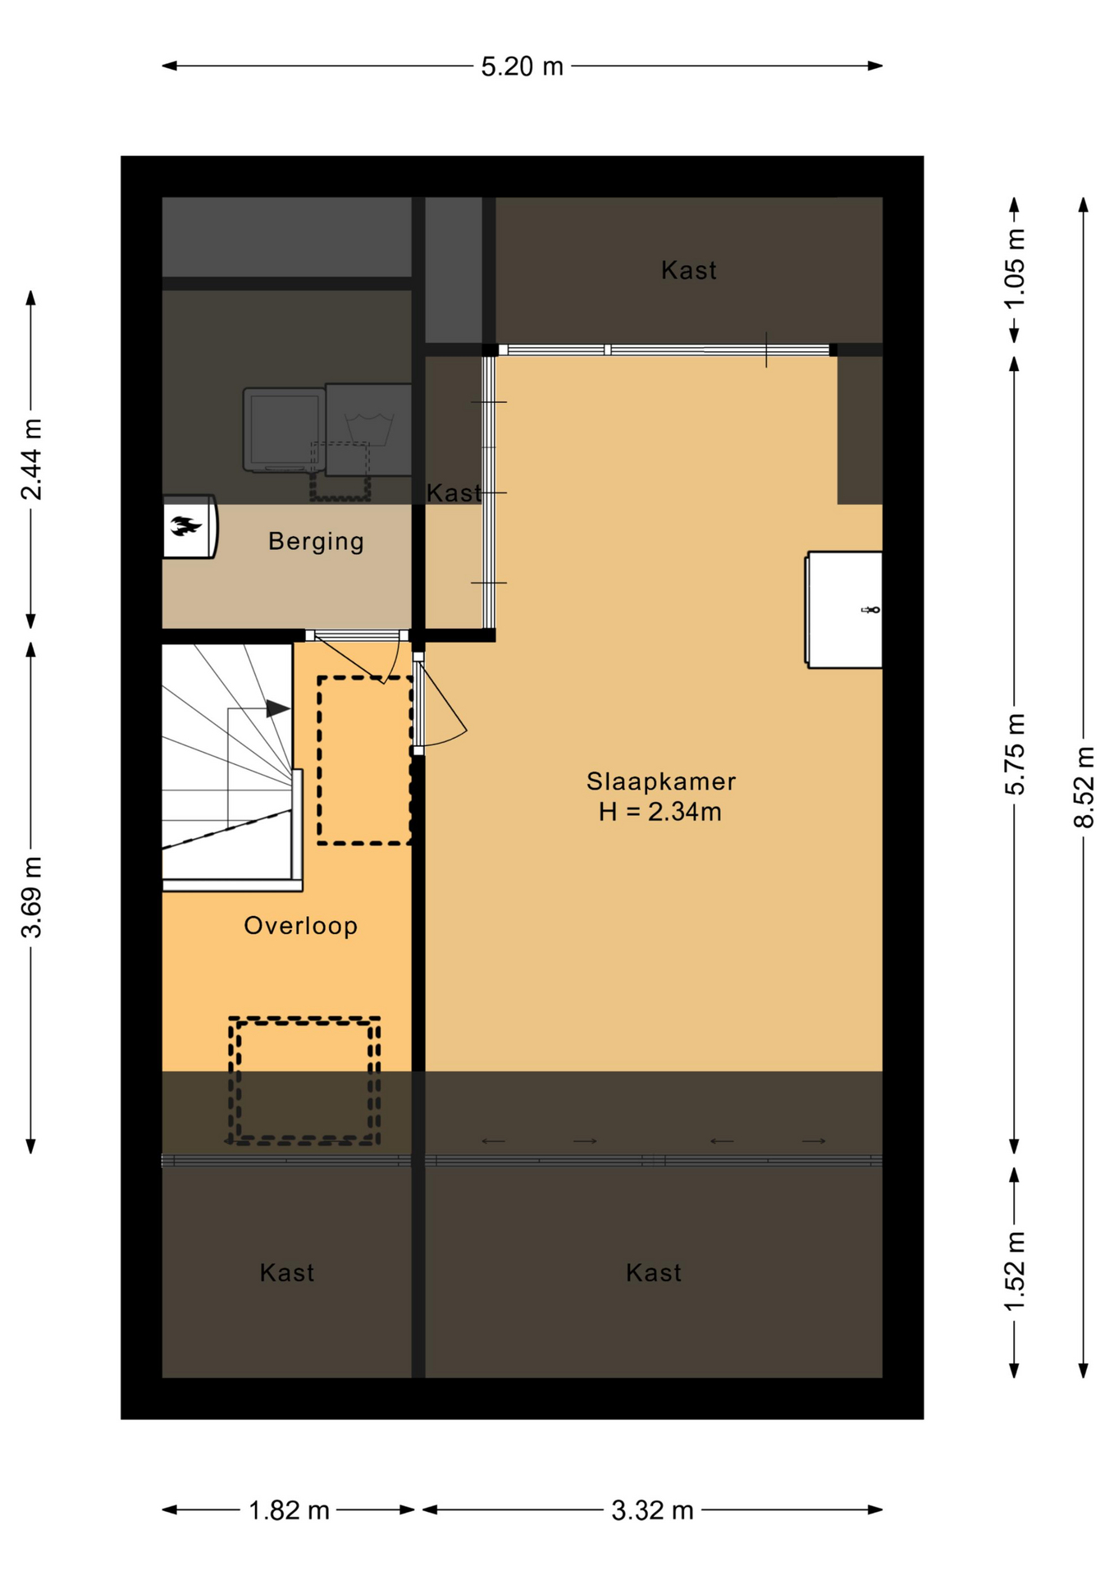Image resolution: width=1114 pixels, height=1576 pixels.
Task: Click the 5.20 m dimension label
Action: [522, 66]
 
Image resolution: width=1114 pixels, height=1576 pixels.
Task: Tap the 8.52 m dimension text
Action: [1084, 786]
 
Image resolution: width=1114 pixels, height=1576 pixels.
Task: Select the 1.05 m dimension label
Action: [1015, 268]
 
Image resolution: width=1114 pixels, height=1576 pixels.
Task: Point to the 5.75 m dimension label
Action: [1015, 754]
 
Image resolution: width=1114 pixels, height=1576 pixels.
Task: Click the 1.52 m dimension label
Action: [1015, 1271]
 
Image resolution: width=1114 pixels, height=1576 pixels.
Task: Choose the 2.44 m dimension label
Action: [31, 459]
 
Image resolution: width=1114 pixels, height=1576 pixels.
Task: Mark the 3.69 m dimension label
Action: [31, 896]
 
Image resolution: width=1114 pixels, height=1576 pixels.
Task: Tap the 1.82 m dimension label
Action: [289, 1510]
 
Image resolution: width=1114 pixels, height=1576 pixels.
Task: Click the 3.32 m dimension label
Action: [652, 1510]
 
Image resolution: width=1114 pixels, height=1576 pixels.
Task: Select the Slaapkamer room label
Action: [661, 781]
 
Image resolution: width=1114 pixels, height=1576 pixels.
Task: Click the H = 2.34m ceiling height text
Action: [660, 812]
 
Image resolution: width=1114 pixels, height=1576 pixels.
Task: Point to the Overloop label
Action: [301, 926]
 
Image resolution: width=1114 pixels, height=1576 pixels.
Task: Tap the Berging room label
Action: [317, 541]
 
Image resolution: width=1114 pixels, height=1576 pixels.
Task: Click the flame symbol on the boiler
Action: [186, 525]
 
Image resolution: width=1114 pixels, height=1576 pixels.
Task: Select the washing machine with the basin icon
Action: [368, 429]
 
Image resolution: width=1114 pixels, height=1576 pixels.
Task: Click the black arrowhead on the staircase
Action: [277, 708]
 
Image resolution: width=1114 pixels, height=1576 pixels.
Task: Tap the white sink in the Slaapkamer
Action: [844, 610]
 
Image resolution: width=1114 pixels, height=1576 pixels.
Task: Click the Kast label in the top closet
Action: [689, 270]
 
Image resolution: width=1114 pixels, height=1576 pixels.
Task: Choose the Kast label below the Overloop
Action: [287, 1272]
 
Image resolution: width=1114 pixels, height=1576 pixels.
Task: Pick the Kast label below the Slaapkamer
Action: [654, 1272]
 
